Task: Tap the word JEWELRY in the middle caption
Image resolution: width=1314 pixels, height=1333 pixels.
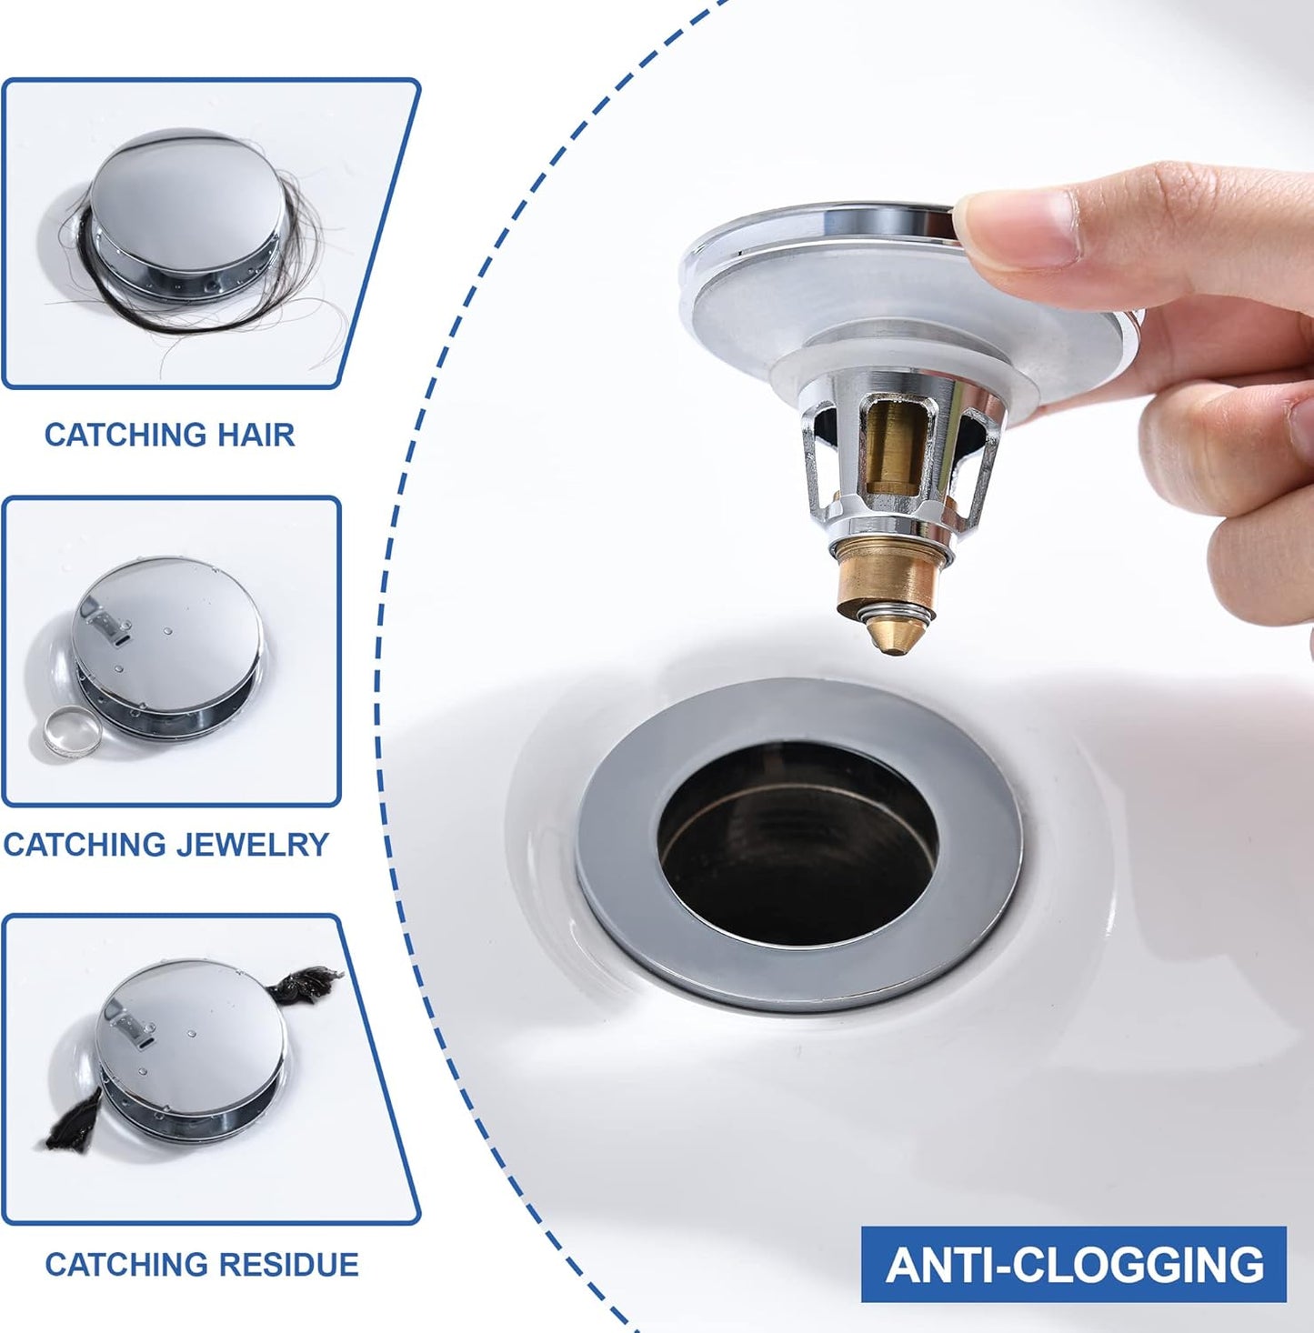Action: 253,845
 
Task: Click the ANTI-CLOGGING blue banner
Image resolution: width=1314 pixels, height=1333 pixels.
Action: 1073,1264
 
